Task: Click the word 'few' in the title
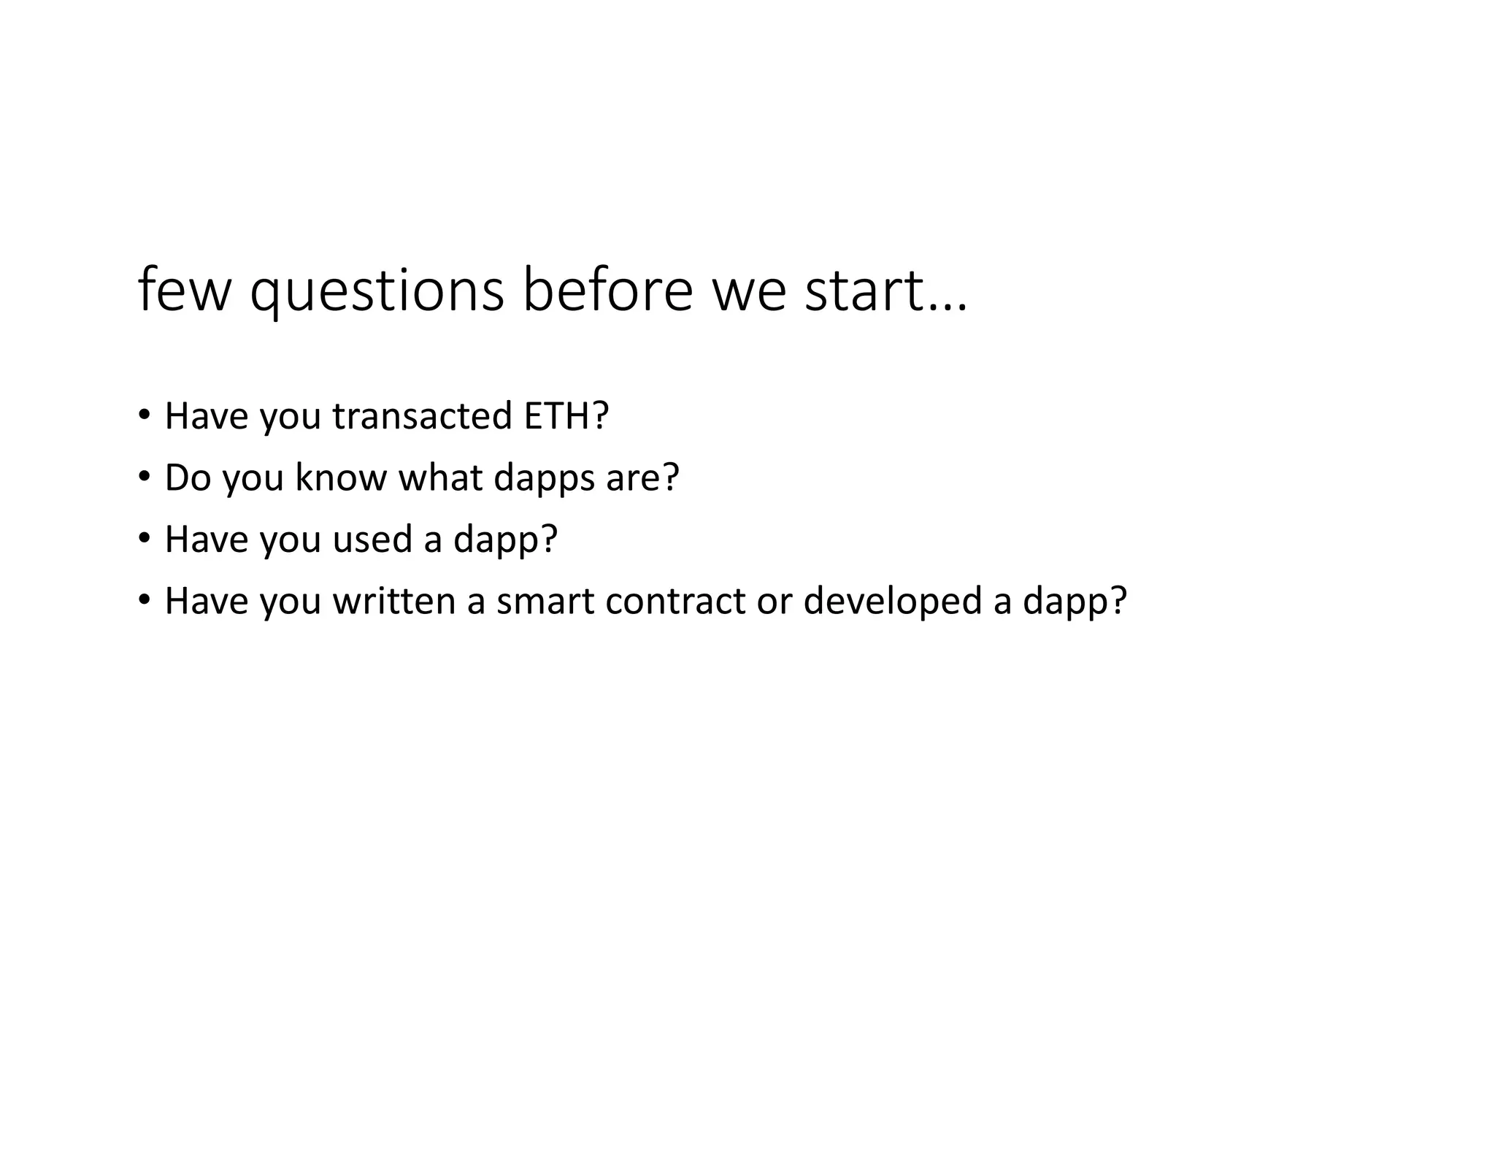point(183,291)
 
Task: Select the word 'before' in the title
point(607,291)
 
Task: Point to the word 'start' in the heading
point(864,291)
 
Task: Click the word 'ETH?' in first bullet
point(566,416)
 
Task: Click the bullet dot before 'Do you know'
point(144,477)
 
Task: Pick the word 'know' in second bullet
point(340,477)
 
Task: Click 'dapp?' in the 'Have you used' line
point(505,540)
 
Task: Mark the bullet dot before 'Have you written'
point(144,600)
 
